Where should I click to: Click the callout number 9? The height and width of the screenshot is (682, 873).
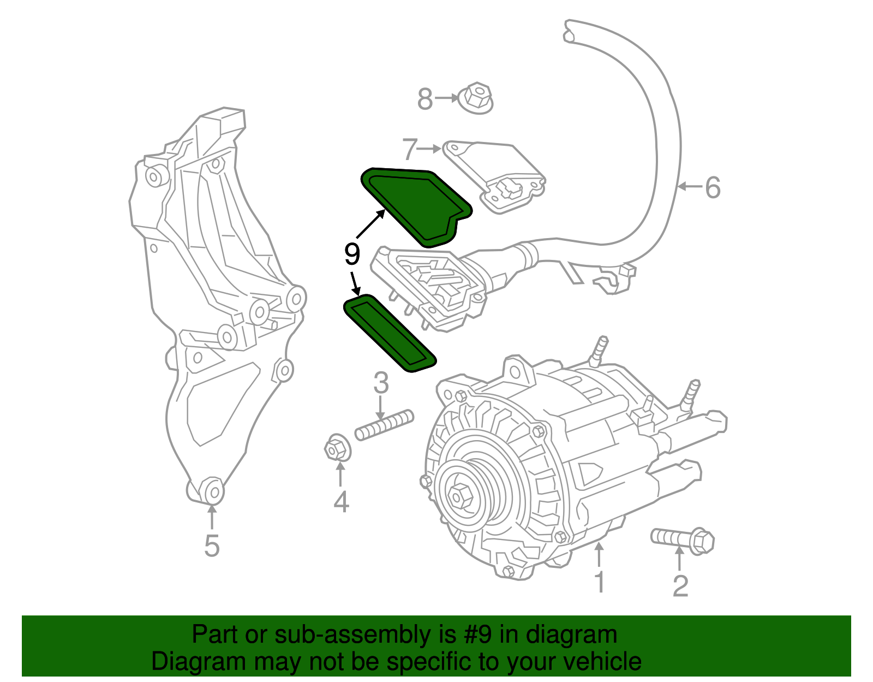click(352, 254)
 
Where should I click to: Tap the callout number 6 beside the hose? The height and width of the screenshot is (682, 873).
click(713, 188)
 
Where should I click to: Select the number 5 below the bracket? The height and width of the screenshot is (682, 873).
click(212, 545)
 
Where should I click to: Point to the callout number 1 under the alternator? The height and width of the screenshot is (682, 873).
click(599, 582)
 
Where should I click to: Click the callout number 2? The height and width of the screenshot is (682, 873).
click(680, 586)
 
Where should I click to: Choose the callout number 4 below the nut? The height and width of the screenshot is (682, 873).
click(341, 502)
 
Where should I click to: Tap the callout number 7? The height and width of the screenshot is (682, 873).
click(410, 149)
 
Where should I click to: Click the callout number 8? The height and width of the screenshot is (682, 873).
click(424, 99)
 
